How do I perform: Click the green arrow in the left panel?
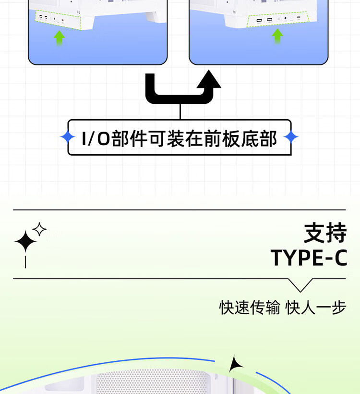(x=59, y=37)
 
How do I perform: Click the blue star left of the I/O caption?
(x=68, y=137)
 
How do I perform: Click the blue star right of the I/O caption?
(x=291, y=137)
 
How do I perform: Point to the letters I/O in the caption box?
(x=96, y=138)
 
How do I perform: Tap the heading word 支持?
(x=325, y=234)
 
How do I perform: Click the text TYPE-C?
(x=309, y=258)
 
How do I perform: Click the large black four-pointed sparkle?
(x=25, y=241)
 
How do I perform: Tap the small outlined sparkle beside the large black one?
(x=39, y=229)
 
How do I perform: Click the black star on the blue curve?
(x=235, y=365)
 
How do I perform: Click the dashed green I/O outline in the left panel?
(x=57, y=20)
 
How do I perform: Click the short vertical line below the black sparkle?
(x=25, y=261)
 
